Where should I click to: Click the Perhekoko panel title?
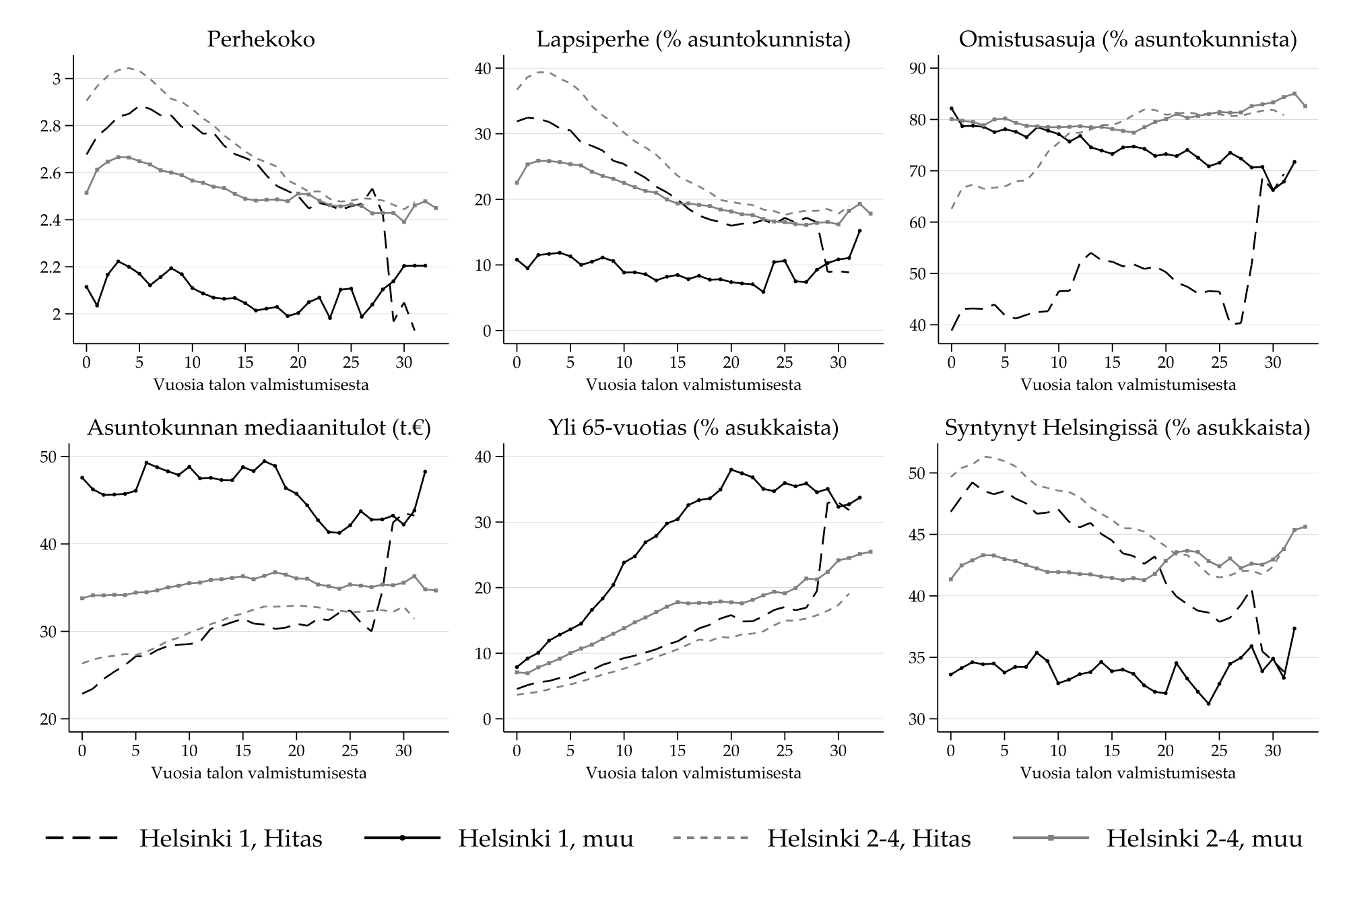click(x=260, y=40)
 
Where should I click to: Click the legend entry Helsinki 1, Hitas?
click(x=230, y=838)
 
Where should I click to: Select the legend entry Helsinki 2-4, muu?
click(x=1204, y=838)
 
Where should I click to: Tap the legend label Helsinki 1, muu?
click(x=546, y=838)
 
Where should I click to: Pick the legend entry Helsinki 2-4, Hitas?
click(x=869, y=838)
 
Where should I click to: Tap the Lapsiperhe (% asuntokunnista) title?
click(x=693, y=40)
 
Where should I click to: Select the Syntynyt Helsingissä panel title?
click(x=1127, y=428)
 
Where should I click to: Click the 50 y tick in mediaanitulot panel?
click(x=49, y=457)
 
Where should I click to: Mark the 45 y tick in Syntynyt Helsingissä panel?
click(x=919, y=535)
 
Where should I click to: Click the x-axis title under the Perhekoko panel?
click(x=261, y=385)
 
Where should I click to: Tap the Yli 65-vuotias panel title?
click(x=693, y=428)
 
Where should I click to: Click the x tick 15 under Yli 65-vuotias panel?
click(x=678, y=751)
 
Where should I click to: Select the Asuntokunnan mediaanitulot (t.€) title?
click(x=259, y=428)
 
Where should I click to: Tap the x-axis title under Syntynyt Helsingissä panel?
click(x=1127, y=773)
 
